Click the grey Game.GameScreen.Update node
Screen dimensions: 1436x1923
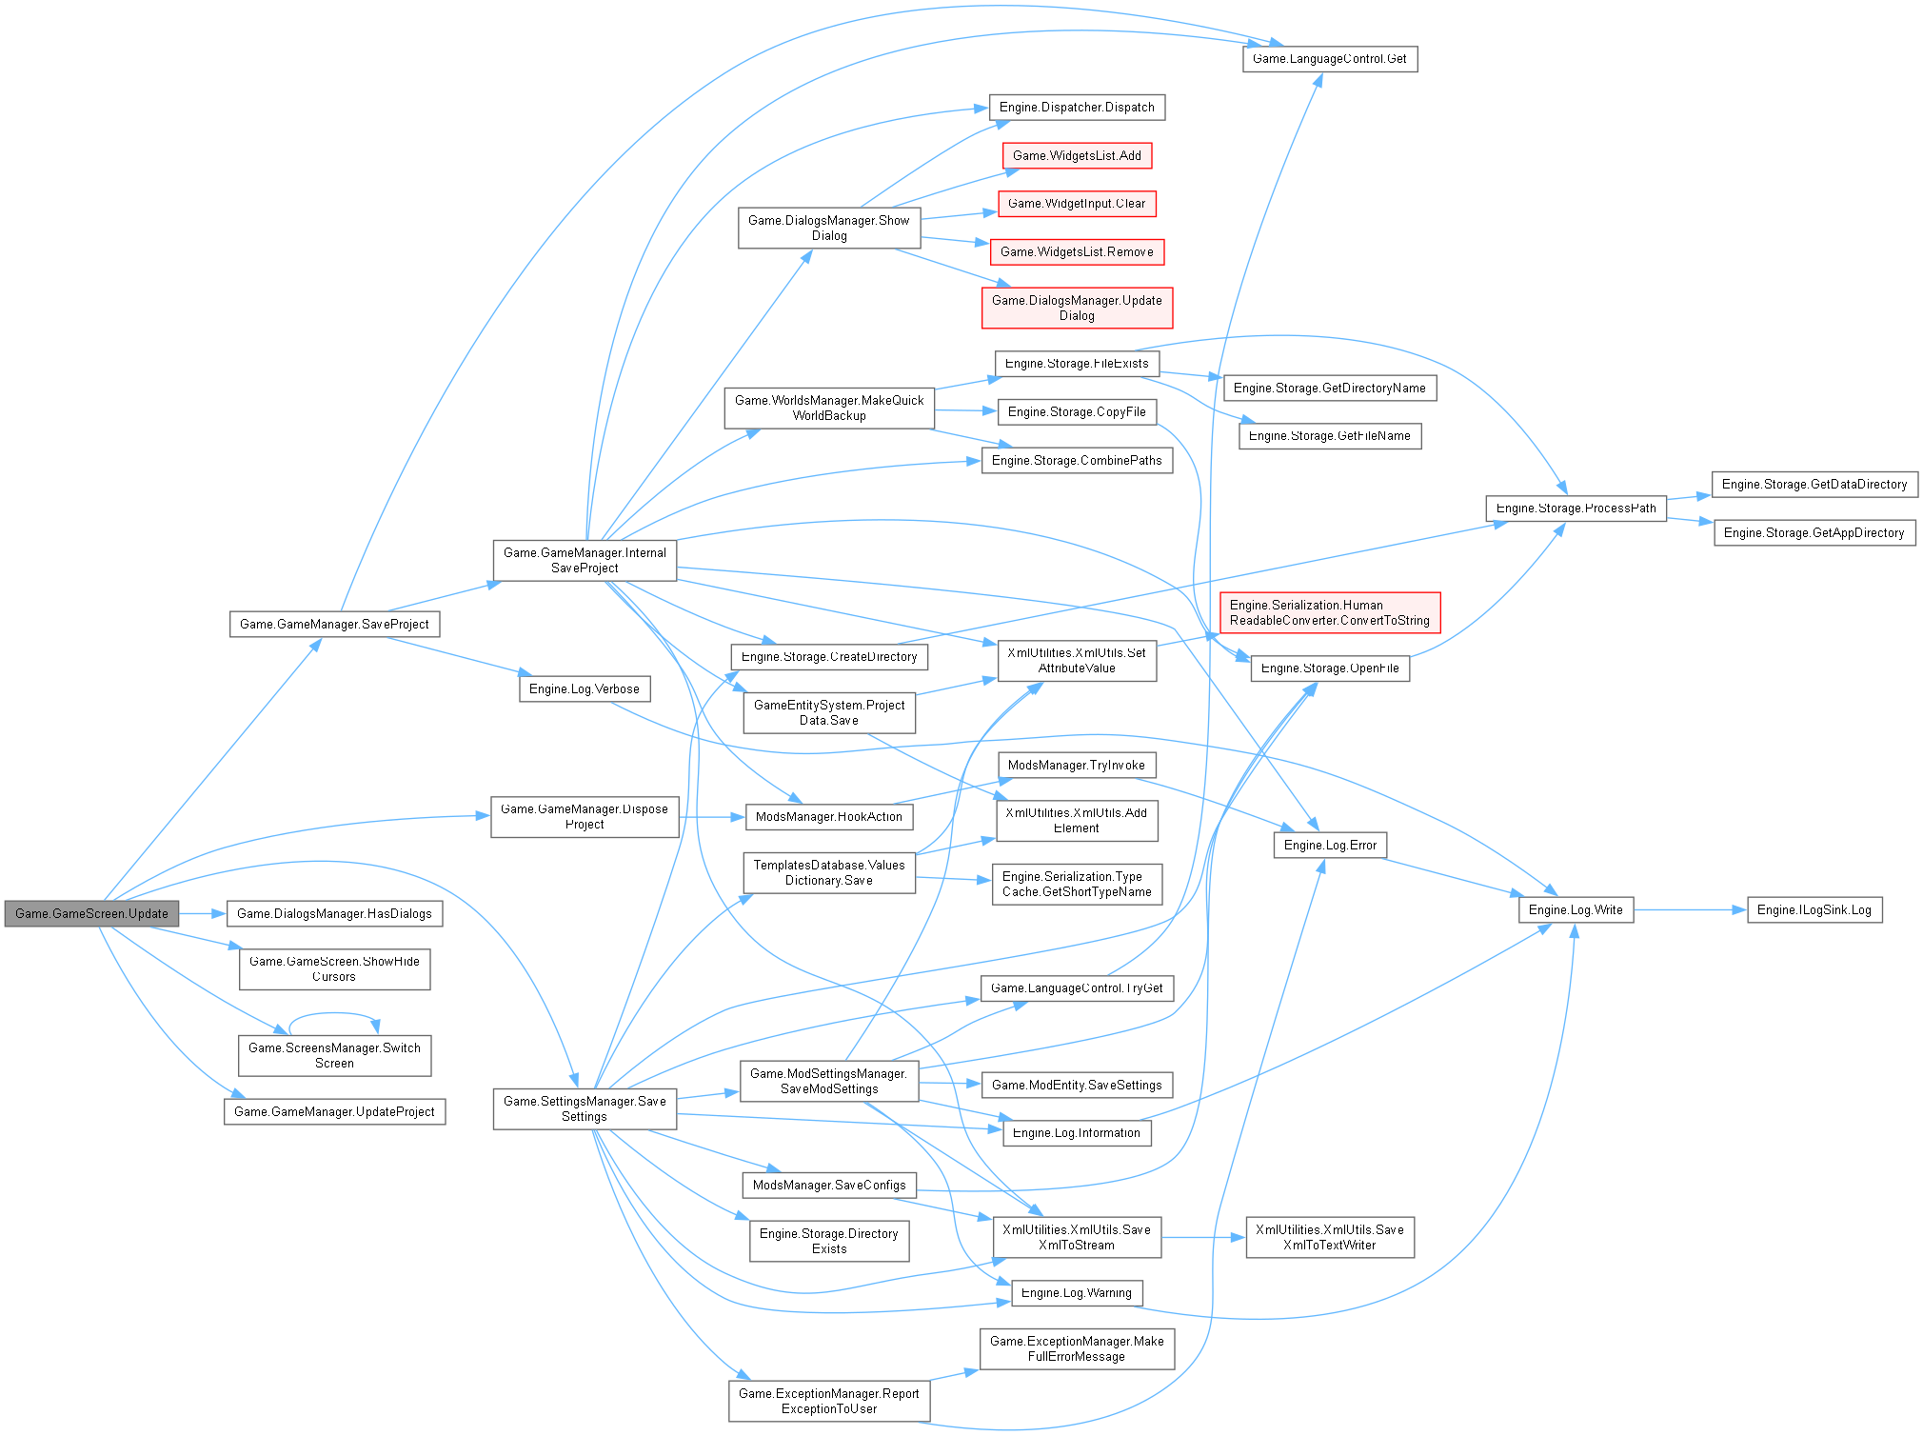(x=91, y=913)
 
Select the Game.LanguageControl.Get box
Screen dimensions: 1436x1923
(x=1329, y=59)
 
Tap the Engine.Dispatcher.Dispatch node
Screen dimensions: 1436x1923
(x=1077, y=108)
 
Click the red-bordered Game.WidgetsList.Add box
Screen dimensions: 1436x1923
(x=1077, y=156)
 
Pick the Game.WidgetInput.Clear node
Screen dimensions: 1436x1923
(x=1077, y=204)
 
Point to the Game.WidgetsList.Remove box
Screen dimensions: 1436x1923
(x=1077, y=252)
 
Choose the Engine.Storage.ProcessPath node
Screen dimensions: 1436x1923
(x=1576, y=509)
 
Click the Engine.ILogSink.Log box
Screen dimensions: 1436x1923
(x=1814, y=910)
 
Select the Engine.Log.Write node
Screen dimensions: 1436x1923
(x=1576, y=910)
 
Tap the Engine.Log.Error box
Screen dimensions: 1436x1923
(x=1330, y=846)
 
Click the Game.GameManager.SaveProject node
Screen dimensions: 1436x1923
(x=334, y=625)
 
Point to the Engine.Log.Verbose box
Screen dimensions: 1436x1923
(x=585, y=689)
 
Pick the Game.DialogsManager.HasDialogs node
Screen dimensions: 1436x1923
(x=334, y=914)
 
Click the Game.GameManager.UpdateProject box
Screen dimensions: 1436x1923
(x=334, y=1112)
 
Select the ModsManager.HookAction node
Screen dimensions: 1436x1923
(x=828, y=817)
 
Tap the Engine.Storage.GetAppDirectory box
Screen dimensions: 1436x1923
(x=1814, y=533)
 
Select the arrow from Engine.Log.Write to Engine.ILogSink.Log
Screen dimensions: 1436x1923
(x=1690, y=910)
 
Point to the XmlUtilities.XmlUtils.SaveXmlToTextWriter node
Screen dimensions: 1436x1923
(x=1329, y=1238)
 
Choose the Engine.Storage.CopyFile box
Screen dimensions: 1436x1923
(x=1077, y=412)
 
